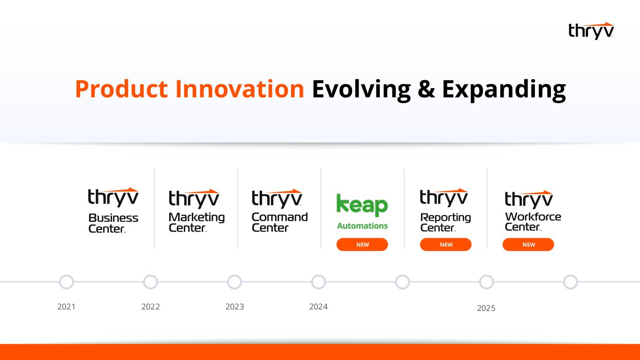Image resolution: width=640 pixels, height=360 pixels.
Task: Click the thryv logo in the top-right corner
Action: point(591,31)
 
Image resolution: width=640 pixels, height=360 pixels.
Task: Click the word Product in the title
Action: point(121,89)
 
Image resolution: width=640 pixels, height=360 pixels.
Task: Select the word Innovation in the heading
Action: point(240,89)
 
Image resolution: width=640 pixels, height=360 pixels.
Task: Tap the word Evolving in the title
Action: point(361,90)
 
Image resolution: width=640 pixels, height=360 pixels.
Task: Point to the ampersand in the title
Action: point(426,89)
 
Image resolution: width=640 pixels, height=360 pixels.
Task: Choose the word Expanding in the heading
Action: point(504,90)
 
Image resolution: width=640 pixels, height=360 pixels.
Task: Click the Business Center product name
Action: point(113,223)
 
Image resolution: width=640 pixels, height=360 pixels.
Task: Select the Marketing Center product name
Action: point(196,222)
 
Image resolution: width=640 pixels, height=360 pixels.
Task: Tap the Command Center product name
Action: point(280,222)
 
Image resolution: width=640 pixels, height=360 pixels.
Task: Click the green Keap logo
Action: point(362,205)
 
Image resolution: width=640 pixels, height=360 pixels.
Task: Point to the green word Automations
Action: point(362,226)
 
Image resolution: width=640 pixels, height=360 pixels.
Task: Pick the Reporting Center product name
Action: point(445,222)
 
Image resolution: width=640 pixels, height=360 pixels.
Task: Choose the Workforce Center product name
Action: point(533,221)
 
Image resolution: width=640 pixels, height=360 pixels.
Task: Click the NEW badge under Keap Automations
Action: point(362,245)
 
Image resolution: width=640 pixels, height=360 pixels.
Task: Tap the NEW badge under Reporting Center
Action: point(446,245)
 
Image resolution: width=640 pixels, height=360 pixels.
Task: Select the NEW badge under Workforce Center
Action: point(528,245)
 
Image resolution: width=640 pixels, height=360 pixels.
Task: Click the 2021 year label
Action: point(66,307)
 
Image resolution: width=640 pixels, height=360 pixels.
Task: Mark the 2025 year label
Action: point(486,308)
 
